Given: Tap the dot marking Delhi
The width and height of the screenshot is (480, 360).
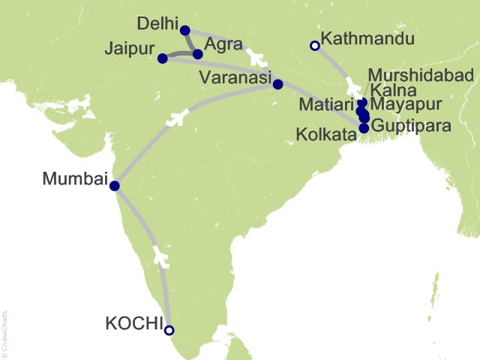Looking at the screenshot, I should click(185, 31).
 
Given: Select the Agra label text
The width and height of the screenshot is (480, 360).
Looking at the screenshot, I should click(223, 44).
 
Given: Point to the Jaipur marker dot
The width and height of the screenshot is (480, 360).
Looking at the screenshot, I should click(163, 58).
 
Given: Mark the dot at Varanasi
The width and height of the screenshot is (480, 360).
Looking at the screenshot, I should click(277, 84).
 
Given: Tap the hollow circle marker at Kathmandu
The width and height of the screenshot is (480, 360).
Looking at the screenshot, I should click(314, 46).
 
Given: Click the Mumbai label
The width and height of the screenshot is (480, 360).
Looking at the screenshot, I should click(74, 179).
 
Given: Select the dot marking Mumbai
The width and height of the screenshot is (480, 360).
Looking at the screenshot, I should click(114, 186).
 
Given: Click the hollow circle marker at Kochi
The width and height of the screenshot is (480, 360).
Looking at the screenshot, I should click(169, 330).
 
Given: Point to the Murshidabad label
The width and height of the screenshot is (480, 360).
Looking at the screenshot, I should click(421, 75).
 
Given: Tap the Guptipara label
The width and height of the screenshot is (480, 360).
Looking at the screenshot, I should click(411, 126).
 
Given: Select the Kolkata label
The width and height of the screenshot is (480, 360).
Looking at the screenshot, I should click(328, 136).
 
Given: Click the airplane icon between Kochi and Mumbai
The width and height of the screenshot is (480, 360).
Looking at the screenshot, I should click(160, 255).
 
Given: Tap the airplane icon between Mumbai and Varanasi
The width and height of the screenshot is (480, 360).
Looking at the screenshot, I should click(178, 118).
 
